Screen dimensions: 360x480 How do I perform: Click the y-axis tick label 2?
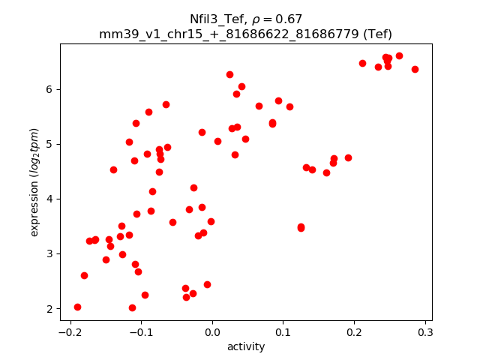[50, 308]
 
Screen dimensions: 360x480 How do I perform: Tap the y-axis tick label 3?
[50, 253]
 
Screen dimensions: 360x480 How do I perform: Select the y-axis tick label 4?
[50, 199]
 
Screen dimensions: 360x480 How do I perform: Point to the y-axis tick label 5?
[50, 144]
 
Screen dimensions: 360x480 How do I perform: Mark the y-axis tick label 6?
[50, 89]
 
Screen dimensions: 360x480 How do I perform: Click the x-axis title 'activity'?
[246, 346]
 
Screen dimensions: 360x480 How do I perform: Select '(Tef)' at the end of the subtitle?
[376, 34]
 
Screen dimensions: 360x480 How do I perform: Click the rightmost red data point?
[415, 69]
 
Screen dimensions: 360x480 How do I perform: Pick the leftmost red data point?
[77, 307]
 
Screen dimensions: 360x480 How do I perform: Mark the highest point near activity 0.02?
[229, 74]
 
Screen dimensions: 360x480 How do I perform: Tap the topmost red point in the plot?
[399, 55]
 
